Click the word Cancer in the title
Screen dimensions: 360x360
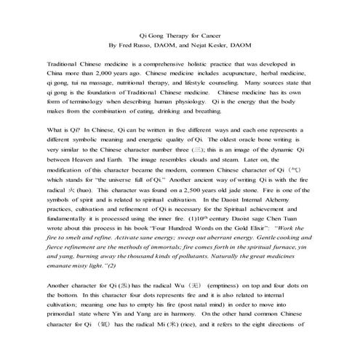[212, 36]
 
